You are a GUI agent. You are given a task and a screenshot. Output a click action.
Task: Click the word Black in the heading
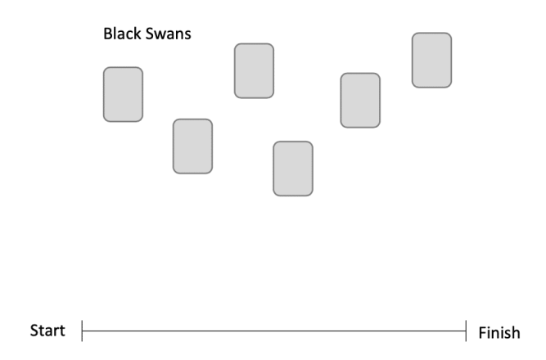[x=120, y=36]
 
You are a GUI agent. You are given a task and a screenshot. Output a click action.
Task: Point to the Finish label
[x=498, y=332]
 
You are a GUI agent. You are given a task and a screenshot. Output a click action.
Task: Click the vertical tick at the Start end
[x=83, y=331]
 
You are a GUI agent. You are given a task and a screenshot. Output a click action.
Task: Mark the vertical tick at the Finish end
[x=467, y=331]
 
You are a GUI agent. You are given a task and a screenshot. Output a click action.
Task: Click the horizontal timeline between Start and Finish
[x=274, y=331]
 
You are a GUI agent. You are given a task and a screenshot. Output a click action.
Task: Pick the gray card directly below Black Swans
[x=123, y=94]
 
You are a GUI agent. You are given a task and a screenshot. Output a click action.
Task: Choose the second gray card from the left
[x=192, y=146]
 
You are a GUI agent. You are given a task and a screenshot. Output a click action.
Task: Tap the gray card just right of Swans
[x=254, y=70]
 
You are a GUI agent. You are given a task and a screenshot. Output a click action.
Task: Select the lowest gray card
[x=293, y=168]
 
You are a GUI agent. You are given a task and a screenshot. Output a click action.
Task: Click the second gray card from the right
[x=360, y=100]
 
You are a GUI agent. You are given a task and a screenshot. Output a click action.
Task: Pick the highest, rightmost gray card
[x=431, y=60]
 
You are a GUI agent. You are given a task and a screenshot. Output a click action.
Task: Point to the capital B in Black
[x=107, y=36]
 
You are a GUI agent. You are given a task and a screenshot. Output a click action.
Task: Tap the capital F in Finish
[x=481, y=332]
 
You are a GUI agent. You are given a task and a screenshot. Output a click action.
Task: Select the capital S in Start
[x=34, y=331]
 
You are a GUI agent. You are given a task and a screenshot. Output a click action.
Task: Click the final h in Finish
[x=515, y=332]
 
